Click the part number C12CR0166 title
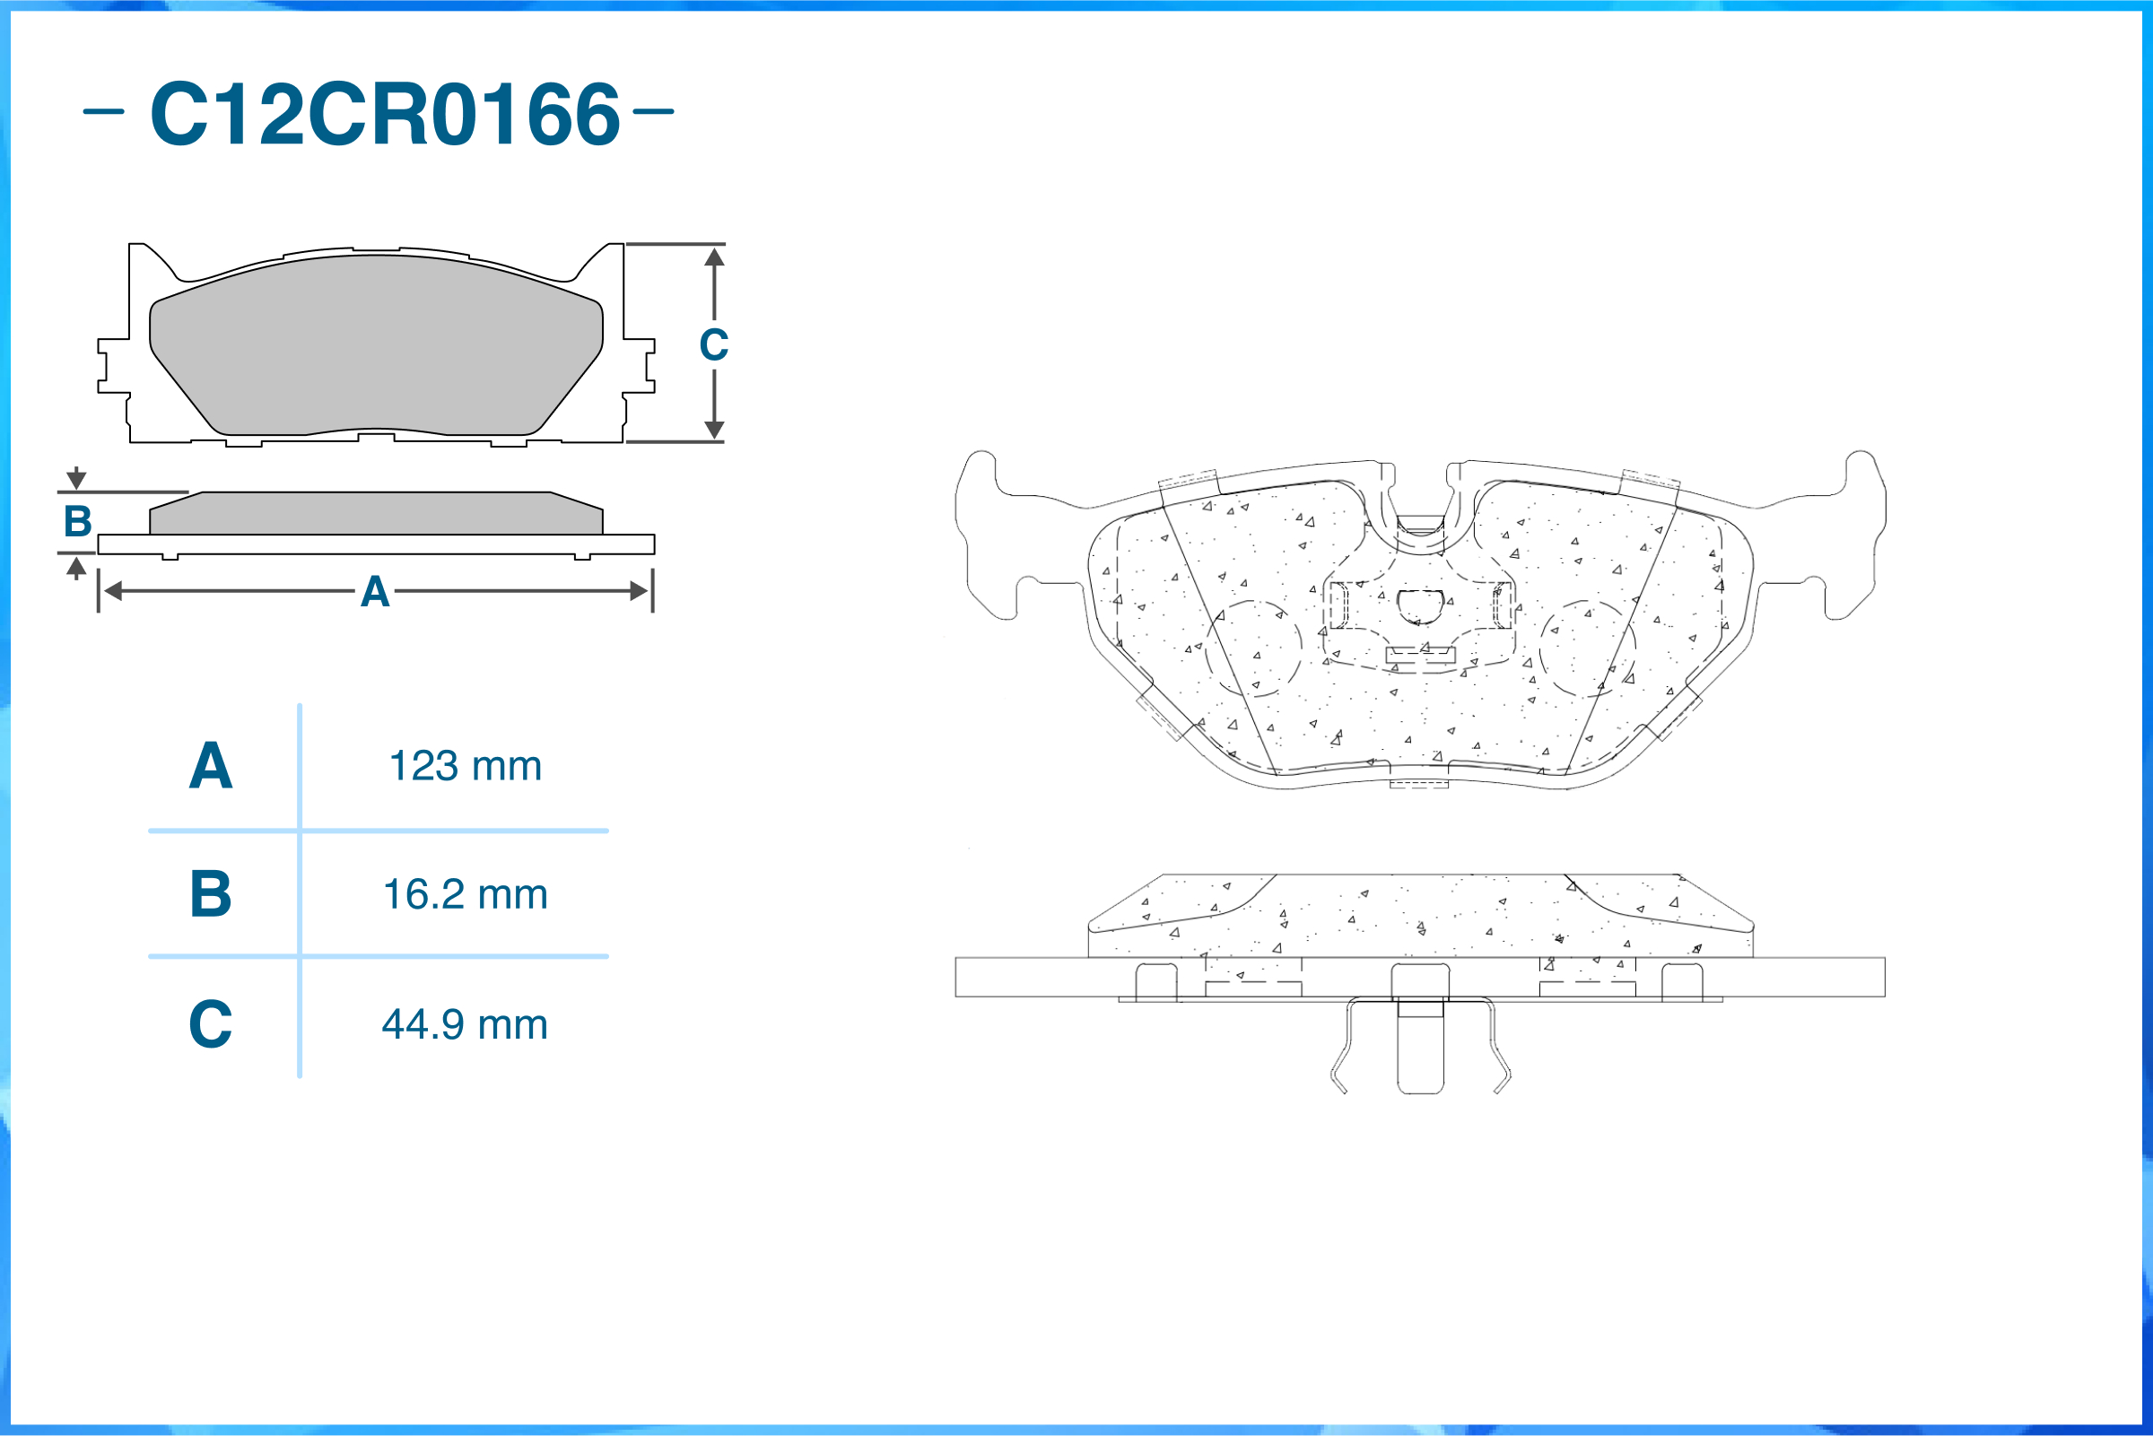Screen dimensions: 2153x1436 [x=385, y=114]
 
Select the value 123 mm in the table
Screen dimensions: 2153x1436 [x=466, y=767]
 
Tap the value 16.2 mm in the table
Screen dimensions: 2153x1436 [x=466, y=895]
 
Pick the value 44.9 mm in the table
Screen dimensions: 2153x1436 [x=466, y=1025]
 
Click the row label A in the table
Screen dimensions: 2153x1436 [x=211, y=766]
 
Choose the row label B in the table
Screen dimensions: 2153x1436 [x=211, y=894]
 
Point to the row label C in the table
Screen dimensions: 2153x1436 [x=211, y=1024]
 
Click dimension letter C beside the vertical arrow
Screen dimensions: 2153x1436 [x=714, y=345]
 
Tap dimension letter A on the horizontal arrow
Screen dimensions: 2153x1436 [x=376, y=593]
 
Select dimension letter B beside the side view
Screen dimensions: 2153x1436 [x=78, y=522]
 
